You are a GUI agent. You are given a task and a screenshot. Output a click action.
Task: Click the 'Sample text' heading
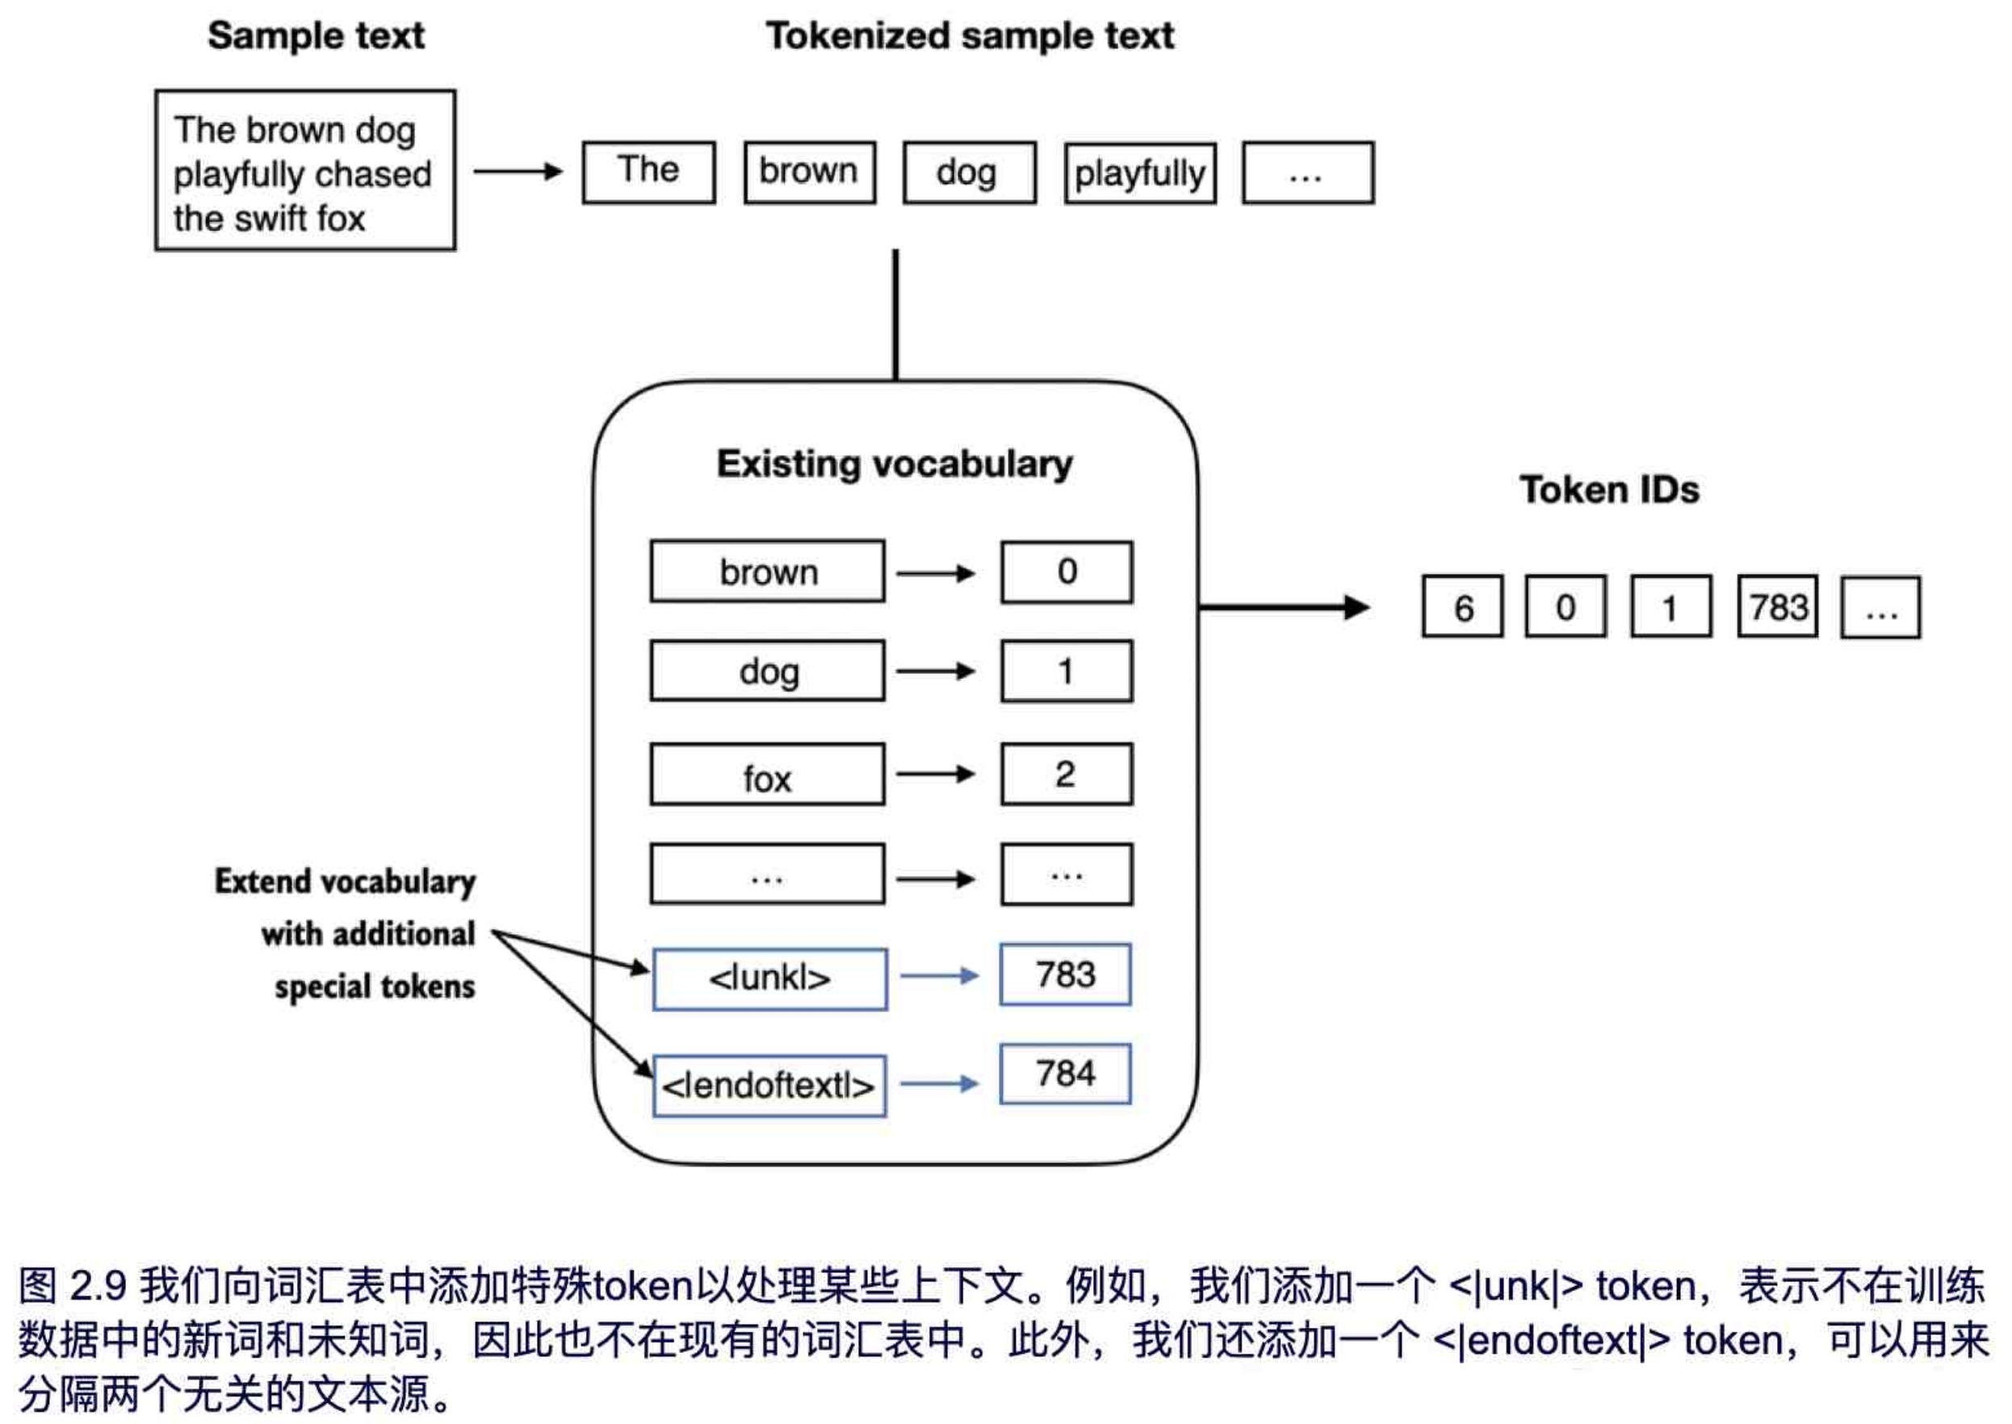pos(316,36)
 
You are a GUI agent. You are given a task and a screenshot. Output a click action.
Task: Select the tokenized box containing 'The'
pos(648,172)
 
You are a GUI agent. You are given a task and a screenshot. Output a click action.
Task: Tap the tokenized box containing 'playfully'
pos(1139,173)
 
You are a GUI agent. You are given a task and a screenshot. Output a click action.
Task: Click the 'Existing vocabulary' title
pos(895,464)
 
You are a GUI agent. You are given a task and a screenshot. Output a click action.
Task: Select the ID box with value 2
pos(1066,774)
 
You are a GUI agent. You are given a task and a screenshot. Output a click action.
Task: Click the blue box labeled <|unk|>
pos(769,978)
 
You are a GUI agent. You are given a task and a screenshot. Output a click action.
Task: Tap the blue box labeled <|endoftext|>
pos(769,1086)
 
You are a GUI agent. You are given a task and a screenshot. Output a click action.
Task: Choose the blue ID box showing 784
pos(1065,1074)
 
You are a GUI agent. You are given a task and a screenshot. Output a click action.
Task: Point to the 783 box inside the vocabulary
pos(1065,974)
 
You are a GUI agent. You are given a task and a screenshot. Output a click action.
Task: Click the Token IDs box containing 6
pos(1462,607)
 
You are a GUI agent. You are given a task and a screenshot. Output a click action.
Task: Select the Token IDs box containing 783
pos(1778,607)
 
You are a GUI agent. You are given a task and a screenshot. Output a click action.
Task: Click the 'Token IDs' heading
pos(1609,489)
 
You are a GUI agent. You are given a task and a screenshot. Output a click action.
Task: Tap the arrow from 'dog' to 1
pos(935,672)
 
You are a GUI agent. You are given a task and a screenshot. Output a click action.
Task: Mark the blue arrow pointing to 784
pos(938,1084)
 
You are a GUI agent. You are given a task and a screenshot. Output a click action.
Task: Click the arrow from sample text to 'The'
pos(518,171)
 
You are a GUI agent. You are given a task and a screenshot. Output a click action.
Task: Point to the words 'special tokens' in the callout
pos(375,986)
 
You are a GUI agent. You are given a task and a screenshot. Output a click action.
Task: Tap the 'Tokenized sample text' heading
pos(969,36)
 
